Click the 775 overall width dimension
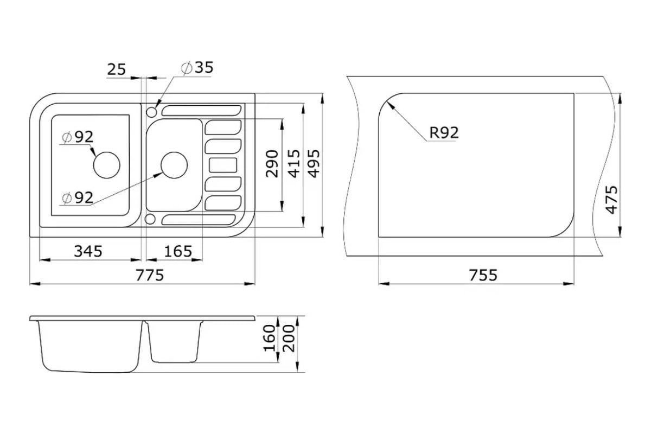click(x=150, y=275)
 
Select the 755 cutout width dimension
click(x=483, y=275)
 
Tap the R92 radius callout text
click(x=444, y=132)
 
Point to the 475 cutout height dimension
click(x=612, y=200)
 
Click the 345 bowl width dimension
click(x=88, y=251)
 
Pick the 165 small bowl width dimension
click(x=178, y=251)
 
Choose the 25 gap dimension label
click(x=117, y=70)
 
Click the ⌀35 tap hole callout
click(x=197, y=67)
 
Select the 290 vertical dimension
click(x=272, y=163)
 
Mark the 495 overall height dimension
click(x=314, y=163)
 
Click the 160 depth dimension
click(x=269, y=338)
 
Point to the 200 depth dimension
click(x=289, y=338)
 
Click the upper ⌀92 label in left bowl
click(x=78, y=137)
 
